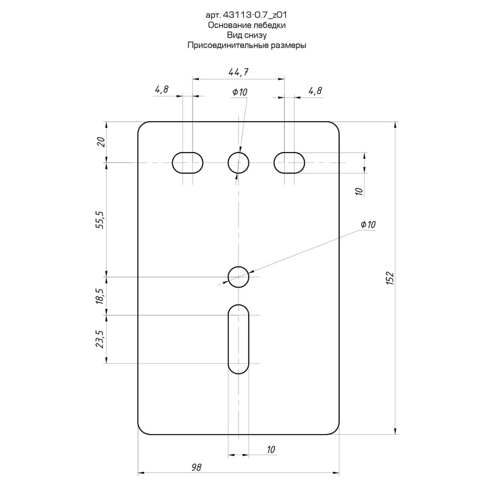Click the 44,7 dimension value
pyautogui.click(x=238, y=72)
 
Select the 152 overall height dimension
pyautogui.click(x=390, y=278)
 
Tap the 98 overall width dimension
pyautogui.click(x=196, y=467)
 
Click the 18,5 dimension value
pyautogui.click(x=100, y=296)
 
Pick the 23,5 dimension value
pyautogui.click(x=100, y=339)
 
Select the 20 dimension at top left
pyautogui.click(x=101, y=143)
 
